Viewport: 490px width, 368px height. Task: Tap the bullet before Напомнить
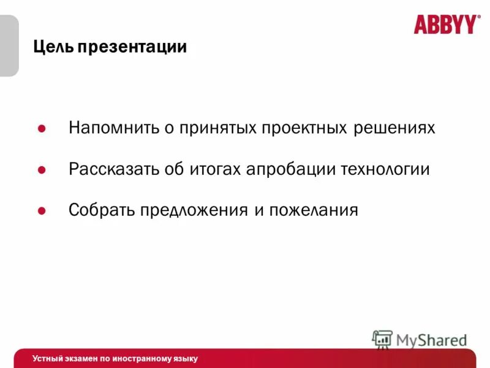coord(42,129)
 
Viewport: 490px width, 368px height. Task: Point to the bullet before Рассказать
coord(42,170)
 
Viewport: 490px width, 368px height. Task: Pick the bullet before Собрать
coord(42,211)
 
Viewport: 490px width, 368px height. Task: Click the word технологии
coord(386,169)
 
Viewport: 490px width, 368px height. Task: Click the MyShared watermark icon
coord(382,339)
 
